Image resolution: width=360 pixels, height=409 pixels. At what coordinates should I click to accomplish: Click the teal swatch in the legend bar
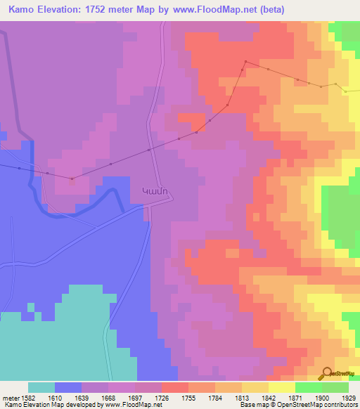point(41,387)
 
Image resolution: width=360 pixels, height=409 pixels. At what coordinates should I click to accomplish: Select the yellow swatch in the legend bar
point(281,387)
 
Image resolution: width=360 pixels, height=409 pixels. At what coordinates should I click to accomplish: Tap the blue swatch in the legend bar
point(68,387)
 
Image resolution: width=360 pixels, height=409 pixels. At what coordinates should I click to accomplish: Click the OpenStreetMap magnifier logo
point(326,372)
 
